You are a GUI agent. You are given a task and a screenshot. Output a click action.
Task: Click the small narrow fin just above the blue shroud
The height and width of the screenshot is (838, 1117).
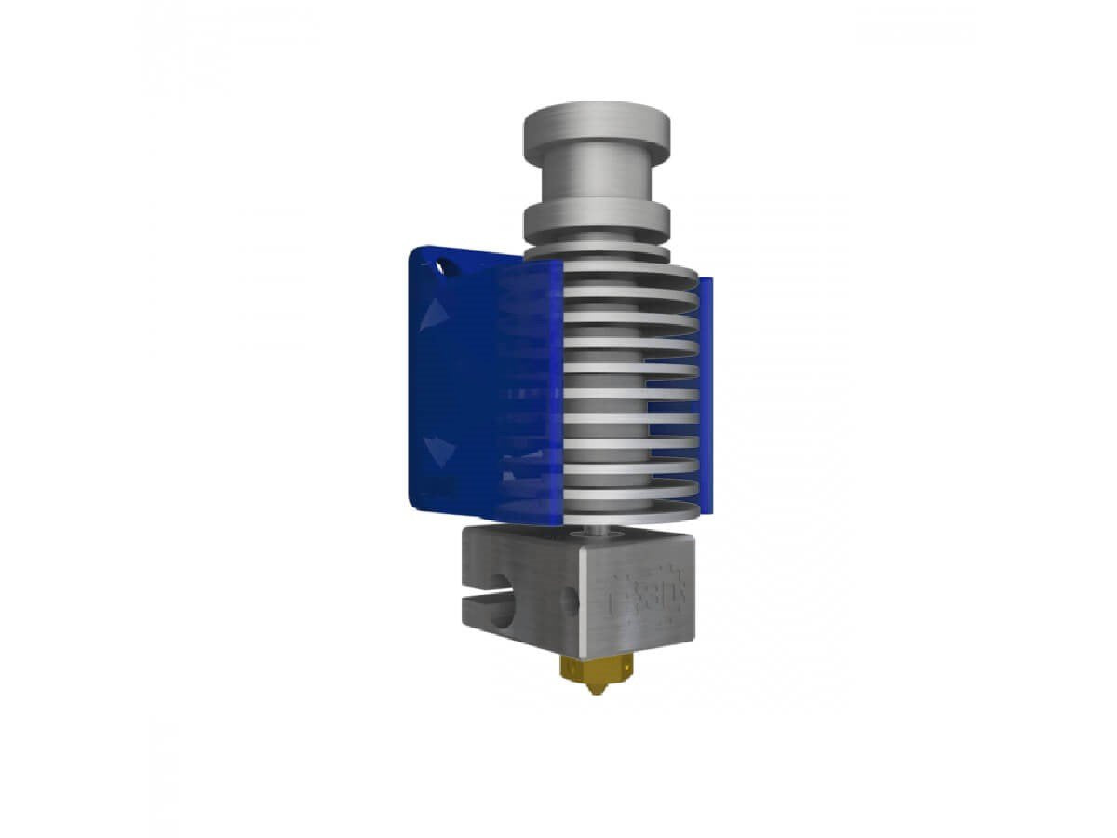click(597, 252)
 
